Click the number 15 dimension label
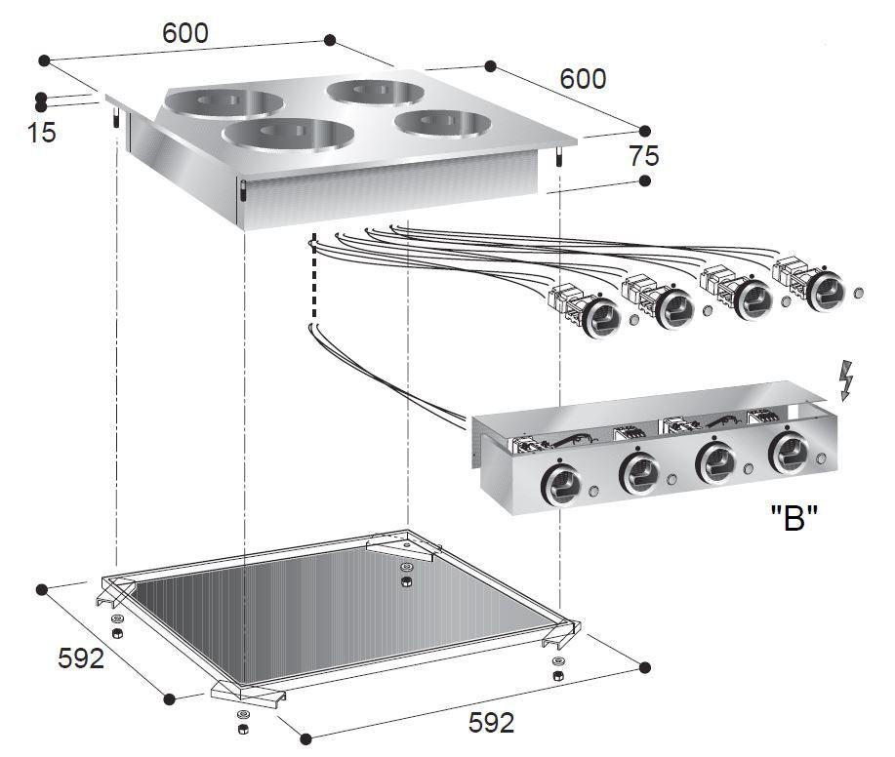pyautogui.click(x=42, y=132)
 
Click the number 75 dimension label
pyautogui.click(x=644, y=155)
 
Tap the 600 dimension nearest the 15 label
pyautogui.click(x=184, y=33)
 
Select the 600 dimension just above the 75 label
pyautogui.click(x=583, y=78)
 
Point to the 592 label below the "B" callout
pyautogui.click(x=490, y=723)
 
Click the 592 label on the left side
pyautogui.click(x=80, y=658)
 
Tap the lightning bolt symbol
pyautogui.click(x=846, y=379)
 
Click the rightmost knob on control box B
pyautogui.click(x=789, y=455)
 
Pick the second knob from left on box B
pyautogui.click(x=639, y=473)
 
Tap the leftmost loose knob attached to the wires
pyautogui.click(x=599, y=317)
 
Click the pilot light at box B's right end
pyautogui.click(x=826, y=458)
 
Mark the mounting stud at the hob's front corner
pyautogui.click(x=241, y=193)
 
